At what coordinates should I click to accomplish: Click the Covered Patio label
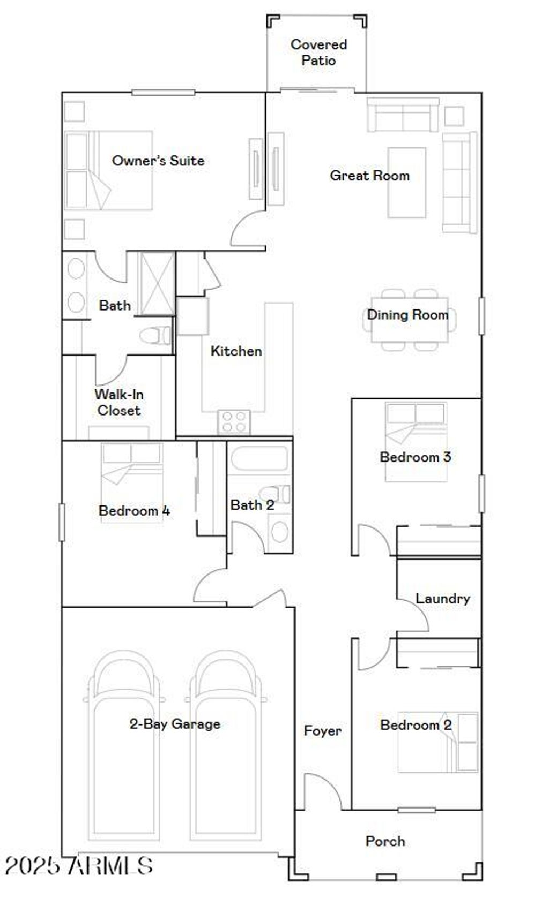pyautogui.click(x=318, y=52)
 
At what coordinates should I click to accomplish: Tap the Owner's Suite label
pyautogui.click(x=158, y=161)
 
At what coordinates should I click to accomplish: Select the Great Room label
pyautogui.click(x=369, y=176)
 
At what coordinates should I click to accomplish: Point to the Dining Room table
pyautogui.click(x=410, y=320)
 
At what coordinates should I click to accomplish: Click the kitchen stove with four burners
pyautogui.click(x=234, y=421)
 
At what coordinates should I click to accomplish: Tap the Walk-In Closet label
pyautogui.click(x=119, y=402)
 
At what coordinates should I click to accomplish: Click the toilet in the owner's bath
pyautogui.click(x=154, y=336)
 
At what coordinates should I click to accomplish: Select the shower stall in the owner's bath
pyautogui.click(x=157, y=284)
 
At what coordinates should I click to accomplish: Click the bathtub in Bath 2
pyautogui.click(x=259, y=459)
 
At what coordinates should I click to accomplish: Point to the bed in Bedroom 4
pyautogui.click(x=132, y=482)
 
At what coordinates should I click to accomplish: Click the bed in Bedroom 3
pyautogui.click(x=416, y=442)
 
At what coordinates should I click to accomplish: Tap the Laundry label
pyautogui.click(x=443, y=598)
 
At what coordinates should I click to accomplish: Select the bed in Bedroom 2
pyautogui.click(x=437, y=742)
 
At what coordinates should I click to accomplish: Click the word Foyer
pyautogui.click(x=322, y=731)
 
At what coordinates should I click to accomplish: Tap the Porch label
pyautogui.click(x=385, y=841)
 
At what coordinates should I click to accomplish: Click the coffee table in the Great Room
pyautogui.click(x=407, y=183)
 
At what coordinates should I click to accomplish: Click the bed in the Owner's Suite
pyautogui.click(x=108, y=170)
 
